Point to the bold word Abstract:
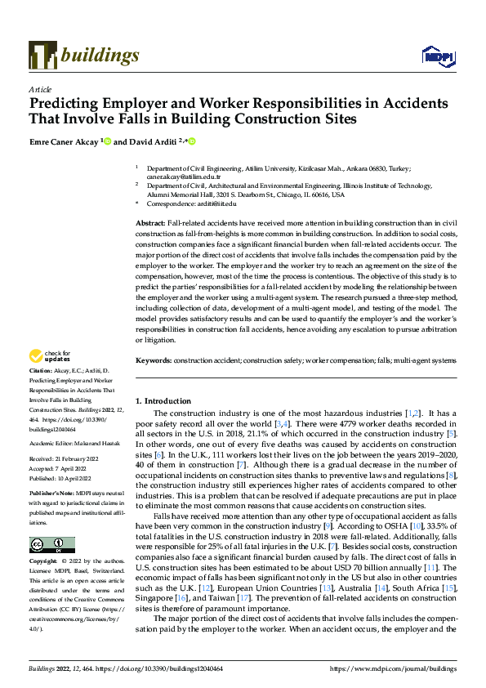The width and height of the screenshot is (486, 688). (149, 223)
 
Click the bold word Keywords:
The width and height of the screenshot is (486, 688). (153, 382)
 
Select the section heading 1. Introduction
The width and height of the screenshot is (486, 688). (163, 401)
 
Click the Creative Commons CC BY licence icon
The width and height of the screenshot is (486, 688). (51, 545)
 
